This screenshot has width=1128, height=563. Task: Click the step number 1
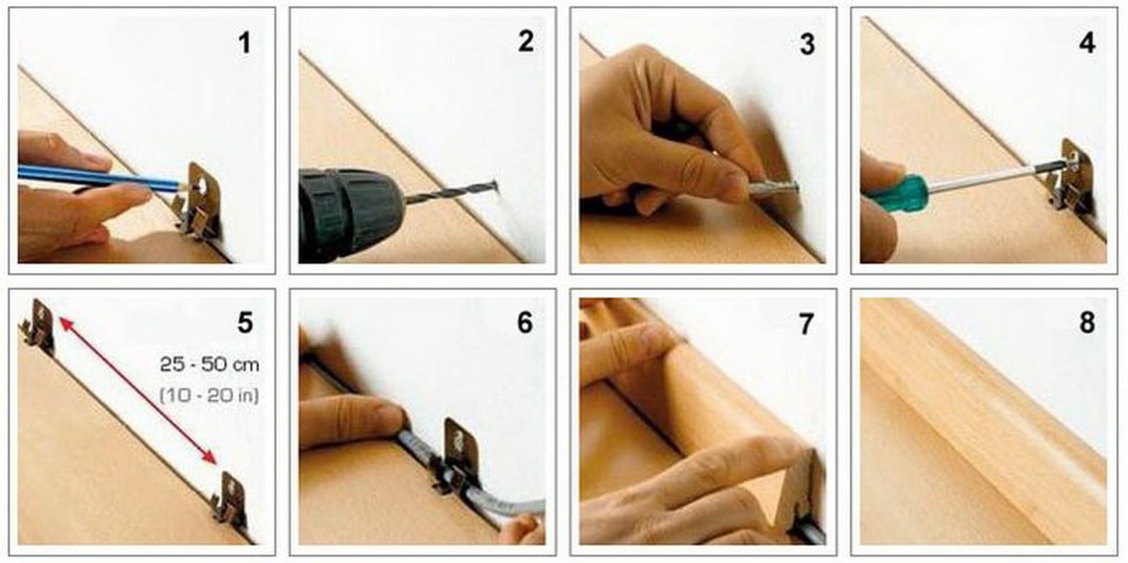[245, 43]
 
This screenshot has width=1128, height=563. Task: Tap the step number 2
[526, 42]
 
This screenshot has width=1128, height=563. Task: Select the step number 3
[807, 44]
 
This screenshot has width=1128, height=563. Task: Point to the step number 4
[1087, 43]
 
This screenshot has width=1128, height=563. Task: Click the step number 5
[245, 322]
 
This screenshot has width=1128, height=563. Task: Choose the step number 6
[525, 322]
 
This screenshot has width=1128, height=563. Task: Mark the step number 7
[807, 324]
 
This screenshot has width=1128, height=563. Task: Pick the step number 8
[1087, 322]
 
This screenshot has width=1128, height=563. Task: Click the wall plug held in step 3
[773, 190]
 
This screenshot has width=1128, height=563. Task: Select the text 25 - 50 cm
[209, 365]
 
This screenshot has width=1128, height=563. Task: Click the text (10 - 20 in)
[209, 394]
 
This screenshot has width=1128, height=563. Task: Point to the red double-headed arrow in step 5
[138, 390]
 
